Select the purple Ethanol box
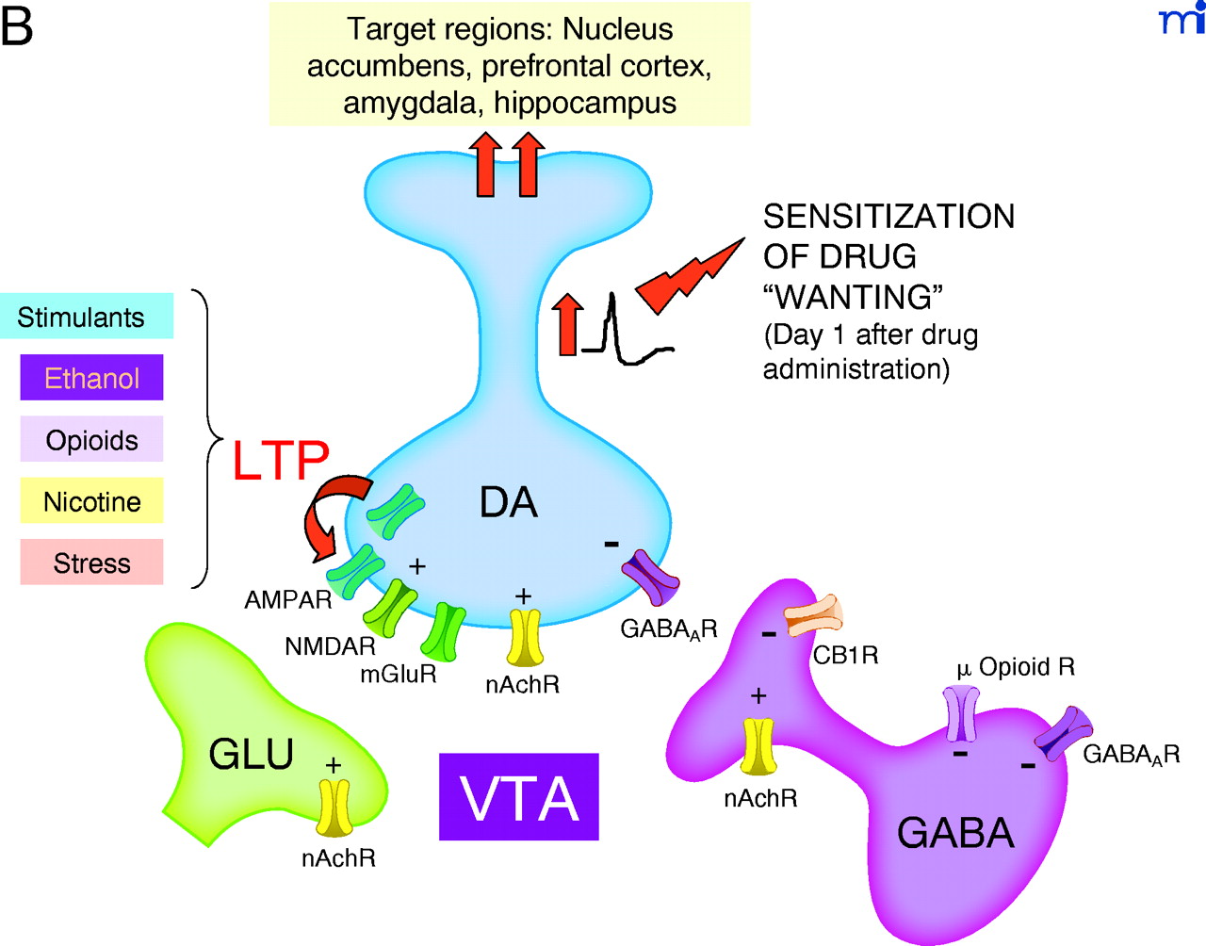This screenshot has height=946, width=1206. [x=91, y=378]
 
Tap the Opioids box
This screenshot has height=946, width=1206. [x=91, y=439]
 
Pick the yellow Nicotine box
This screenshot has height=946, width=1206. [x=91, y=501]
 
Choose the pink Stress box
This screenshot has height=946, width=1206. [x=91, y=563]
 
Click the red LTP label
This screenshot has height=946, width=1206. [x=281, y=461]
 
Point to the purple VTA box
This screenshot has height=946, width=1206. [x=519, y=797]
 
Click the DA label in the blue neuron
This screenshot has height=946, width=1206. [x=509, y=502]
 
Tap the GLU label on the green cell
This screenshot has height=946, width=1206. [x=251, y=754]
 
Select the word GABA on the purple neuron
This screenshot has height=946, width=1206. [x=955, y=833]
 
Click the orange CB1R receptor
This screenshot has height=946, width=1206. [x=814, y=613]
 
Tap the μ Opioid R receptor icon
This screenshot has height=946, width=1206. [x=961, y=713]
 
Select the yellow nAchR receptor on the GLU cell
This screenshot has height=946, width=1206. [x=334, y=808]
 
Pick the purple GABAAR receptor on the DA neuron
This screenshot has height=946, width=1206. [x=650, y=577]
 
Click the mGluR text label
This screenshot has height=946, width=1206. [x=398, y=675]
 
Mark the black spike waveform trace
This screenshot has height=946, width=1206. [x=622, y=334]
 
